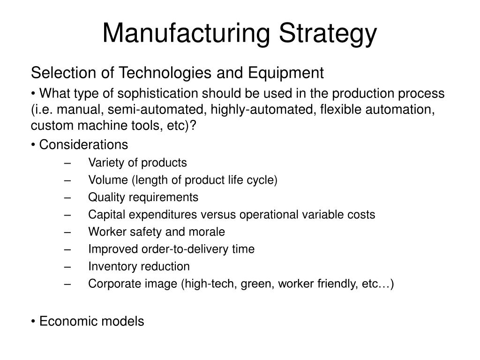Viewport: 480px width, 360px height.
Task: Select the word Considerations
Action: coord(83,145)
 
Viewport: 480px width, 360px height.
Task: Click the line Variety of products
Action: coord(137,163)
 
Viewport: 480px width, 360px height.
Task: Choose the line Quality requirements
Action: coord(143,197)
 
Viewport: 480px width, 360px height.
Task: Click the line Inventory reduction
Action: coord(139,267)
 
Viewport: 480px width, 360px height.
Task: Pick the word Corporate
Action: coord(109,284)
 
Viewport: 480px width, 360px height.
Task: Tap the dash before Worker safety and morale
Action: coord(69,232)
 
